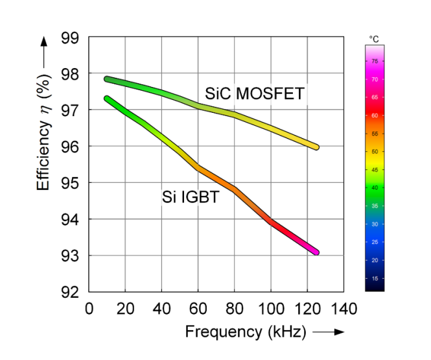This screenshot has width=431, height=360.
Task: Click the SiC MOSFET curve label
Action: [x=254, y=94]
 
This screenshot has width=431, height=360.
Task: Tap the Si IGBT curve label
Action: [x=190, y=197]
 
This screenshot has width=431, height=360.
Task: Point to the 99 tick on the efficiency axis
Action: [x=69, y=38]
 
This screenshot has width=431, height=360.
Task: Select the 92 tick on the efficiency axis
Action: [x=69, y=292]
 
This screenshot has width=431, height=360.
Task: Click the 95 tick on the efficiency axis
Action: [x=69, y=183]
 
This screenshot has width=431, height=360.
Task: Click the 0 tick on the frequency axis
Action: [x=89, y=307]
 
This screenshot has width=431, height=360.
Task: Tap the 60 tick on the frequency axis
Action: [x=198, y=307]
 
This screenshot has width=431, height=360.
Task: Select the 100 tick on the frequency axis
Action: [x=270, y=307]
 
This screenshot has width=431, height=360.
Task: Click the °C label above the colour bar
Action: [x=374, y=40]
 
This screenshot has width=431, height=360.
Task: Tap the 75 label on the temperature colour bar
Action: [x=375, y=61]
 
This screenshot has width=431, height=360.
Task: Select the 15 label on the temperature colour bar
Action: [x=375, y=278]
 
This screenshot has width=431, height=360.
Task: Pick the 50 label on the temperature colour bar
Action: [x=375, y=152]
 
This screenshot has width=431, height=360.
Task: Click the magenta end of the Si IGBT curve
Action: [x=316, y=252]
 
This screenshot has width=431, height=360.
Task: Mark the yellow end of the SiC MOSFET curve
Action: [x=316, y=147]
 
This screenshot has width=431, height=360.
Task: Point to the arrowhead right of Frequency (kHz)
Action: [x=339, y=332]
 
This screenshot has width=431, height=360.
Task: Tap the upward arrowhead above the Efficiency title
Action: [x=44, y=40]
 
